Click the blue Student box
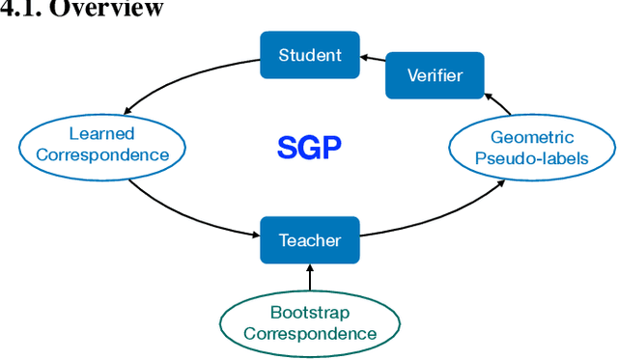310,55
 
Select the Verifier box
435,75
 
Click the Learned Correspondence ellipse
101,145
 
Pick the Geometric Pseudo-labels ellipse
532,148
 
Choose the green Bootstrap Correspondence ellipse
310,323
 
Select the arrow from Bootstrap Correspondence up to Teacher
310,277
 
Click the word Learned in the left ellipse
101,133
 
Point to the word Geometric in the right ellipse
532,137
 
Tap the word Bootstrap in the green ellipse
310,313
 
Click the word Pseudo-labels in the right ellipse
532,158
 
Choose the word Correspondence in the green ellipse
310,334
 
